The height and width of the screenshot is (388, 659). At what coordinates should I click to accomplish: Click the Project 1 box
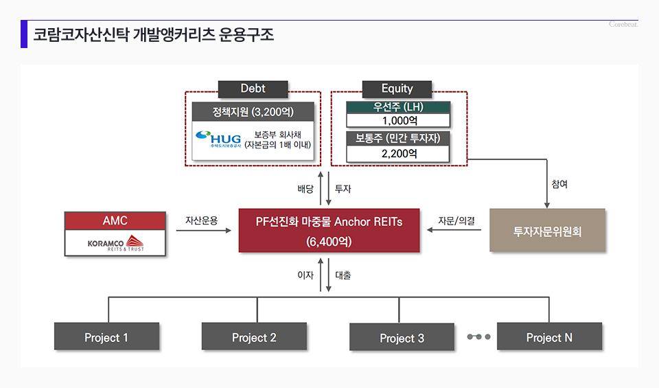pos(106,337)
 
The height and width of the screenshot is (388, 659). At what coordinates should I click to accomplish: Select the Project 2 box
pos(254,337)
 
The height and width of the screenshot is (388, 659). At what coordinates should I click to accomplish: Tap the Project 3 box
pos(402,338)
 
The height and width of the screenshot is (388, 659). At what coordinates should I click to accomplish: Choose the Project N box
pos(549,337)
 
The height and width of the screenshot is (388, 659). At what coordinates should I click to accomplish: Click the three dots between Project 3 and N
pos(478,337)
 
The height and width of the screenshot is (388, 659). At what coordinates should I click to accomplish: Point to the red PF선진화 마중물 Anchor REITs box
pos(329,231)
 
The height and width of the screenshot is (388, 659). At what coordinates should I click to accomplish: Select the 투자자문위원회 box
pos(547,231)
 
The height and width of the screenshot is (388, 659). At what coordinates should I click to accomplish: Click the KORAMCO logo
pos(115,243)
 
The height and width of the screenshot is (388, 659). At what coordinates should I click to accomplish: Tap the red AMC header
pos(115,220)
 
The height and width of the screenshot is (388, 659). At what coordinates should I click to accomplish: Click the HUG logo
pos(215,140)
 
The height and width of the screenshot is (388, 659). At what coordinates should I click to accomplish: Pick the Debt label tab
pos(253,89)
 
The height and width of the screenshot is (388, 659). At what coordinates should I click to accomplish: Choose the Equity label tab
pos(397,89)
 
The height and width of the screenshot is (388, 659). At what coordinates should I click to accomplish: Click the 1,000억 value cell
pos(398,120)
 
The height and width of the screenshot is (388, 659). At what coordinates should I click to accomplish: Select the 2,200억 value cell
pos(398,154)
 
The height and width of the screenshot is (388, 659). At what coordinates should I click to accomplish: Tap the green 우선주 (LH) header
pos(398,107)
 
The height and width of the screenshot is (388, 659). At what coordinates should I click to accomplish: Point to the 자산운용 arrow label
pos(201,220)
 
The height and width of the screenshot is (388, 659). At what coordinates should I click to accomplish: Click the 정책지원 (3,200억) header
pos(253,111)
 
